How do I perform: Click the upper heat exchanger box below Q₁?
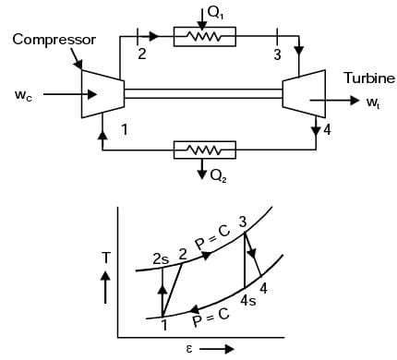click(205, 37)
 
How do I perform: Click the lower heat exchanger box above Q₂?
click(205, 150)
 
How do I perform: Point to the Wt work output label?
click(371, 102)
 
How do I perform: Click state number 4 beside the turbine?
click(327, 130)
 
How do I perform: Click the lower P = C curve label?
click(211, 319)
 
